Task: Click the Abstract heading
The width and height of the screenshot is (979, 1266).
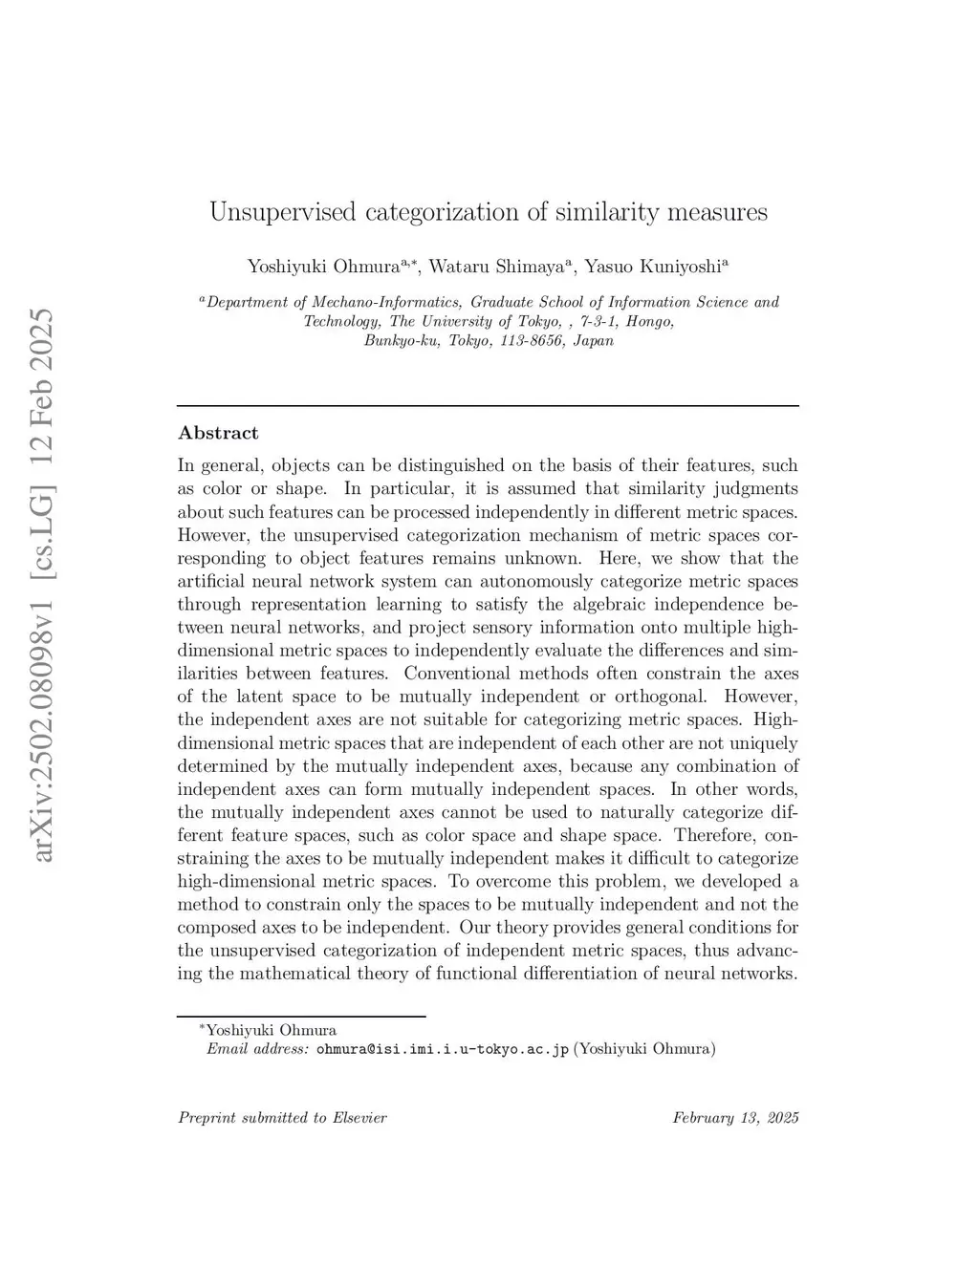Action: [218, 433]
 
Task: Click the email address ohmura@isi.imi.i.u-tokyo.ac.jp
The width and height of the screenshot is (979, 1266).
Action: [442, 1049]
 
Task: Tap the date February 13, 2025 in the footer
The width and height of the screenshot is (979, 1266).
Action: [735, 1118]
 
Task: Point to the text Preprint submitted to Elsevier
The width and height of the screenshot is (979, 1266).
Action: [282, 1118]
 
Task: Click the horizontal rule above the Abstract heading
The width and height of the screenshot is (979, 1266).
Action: [488, 406]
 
